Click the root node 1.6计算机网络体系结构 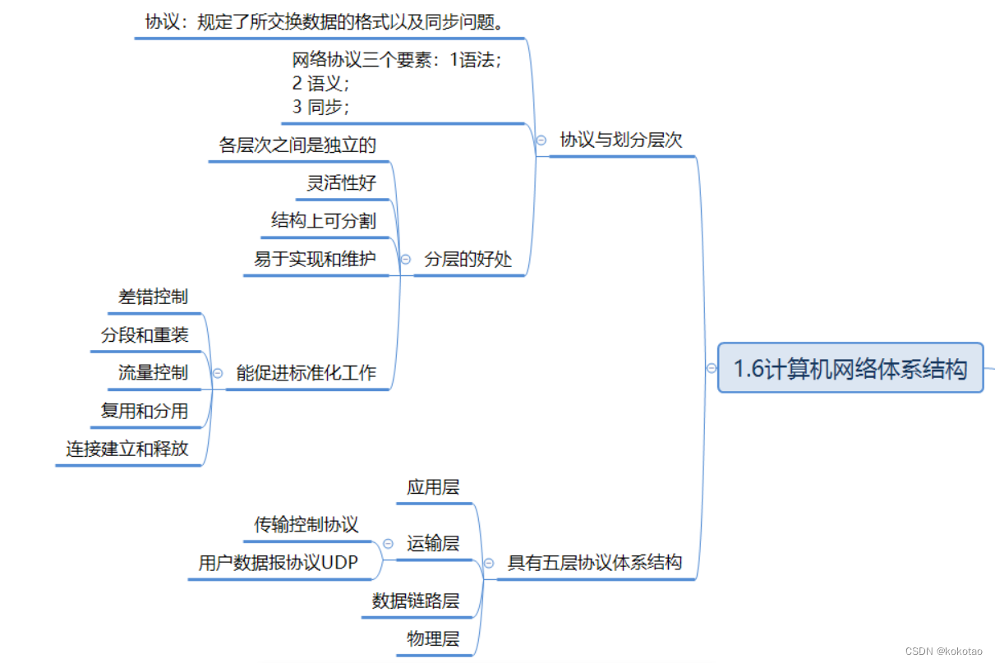(850, 368)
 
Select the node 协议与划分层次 (621, 140)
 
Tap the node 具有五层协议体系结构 (595, 563)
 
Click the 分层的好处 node (468, 260)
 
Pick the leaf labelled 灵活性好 (342, 182)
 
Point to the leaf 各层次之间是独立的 (297, 145)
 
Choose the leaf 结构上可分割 (324, 220)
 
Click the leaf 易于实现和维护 (315, 260)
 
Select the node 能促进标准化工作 (306, 373)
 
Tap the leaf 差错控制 (153, 297)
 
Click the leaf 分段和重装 (145, 335)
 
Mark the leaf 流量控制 (153, 373)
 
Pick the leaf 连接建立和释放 (127, 449)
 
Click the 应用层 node (433, 487)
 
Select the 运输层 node (433, 543)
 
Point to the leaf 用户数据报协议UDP (278, 563)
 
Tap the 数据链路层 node (416, 601)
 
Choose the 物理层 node (433, 638)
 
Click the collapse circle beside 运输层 (388, 544)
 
